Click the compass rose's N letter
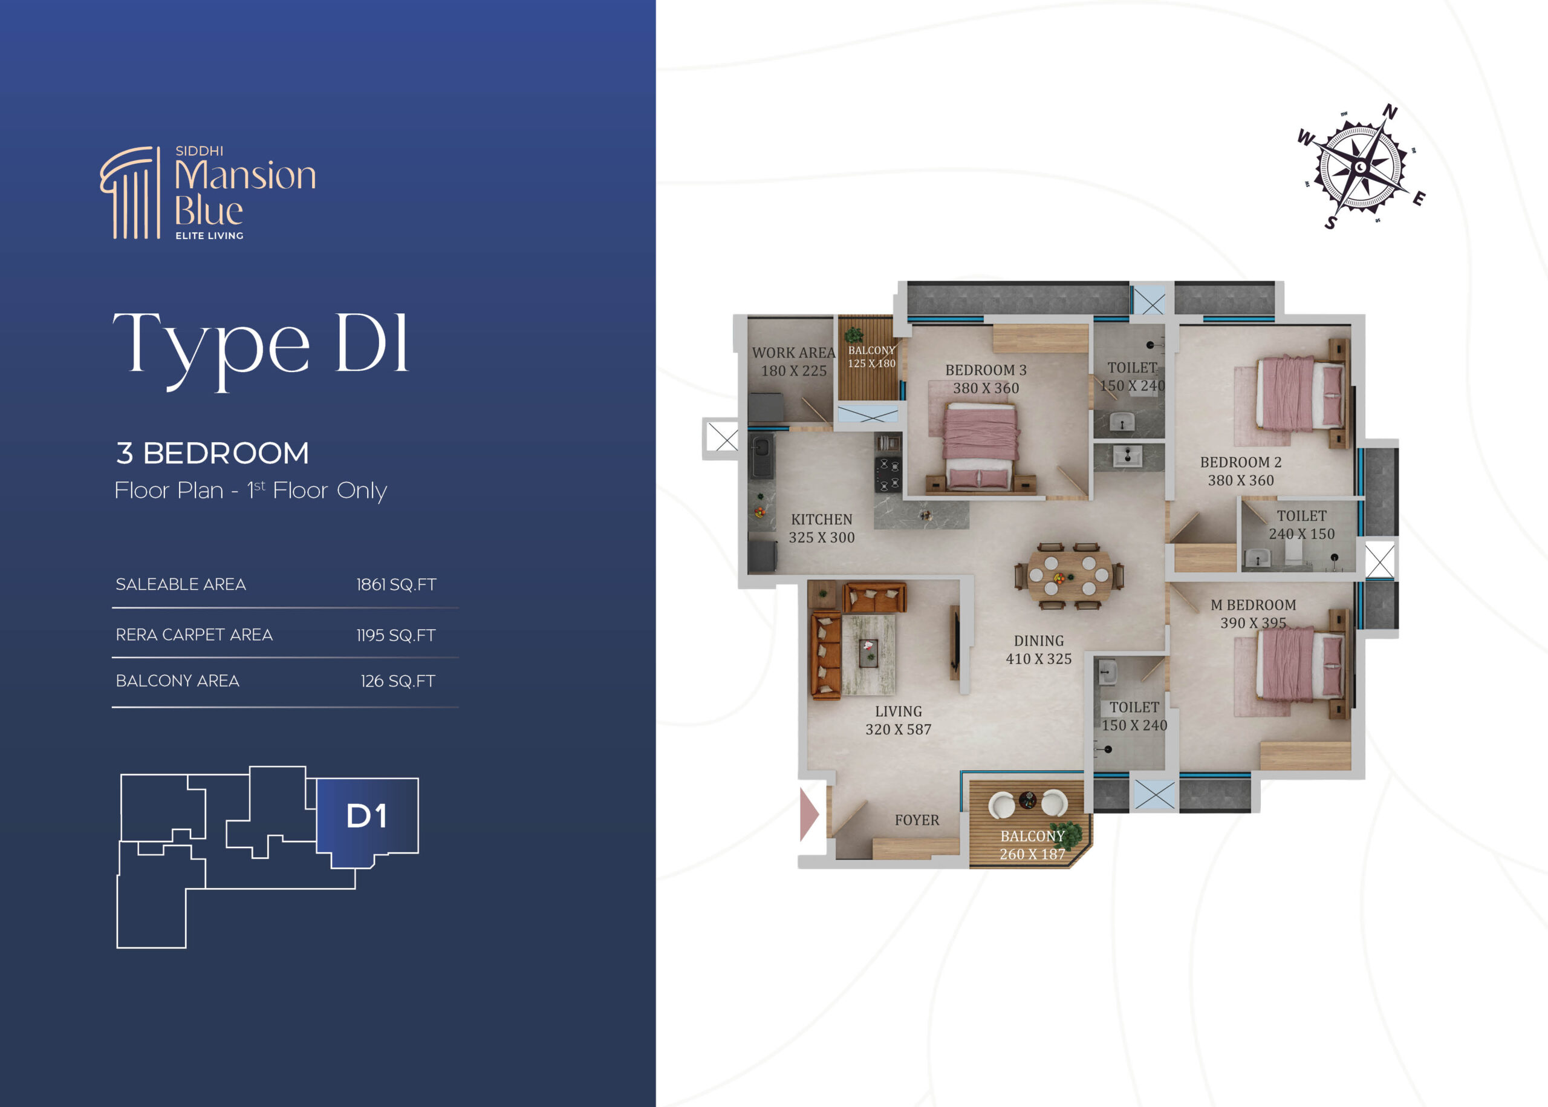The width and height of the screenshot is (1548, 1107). (x=1390, y=112)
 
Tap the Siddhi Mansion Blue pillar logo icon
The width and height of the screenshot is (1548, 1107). (x=130, y=192)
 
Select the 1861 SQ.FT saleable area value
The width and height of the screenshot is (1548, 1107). (x=396, y=584)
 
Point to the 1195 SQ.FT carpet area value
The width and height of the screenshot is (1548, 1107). (x=396, y=635)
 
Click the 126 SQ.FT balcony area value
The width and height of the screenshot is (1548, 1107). (x=398, y=681)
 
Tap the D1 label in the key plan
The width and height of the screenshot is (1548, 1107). (x=366, y=816)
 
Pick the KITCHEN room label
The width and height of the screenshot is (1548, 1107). (x=822, y=520)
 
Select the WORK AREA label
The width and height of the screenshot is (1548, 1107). (x=794, y=353)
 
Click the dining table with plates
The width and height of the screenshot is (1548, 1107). (x=1069, y=576)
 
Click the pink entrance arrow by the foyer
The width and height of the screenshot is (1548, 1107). (x=808, y=814)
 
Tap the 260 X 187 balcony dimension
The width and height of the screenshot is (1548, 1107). (x=1032, y=854)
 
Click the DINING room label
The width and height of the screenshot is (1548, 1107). (x=1038, y=641)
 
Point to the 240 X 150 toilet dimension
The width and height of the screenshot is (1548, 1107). (x=1301, y=534)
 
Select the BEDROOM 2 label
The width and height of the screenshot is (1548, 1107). (x=1241, y=462)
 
